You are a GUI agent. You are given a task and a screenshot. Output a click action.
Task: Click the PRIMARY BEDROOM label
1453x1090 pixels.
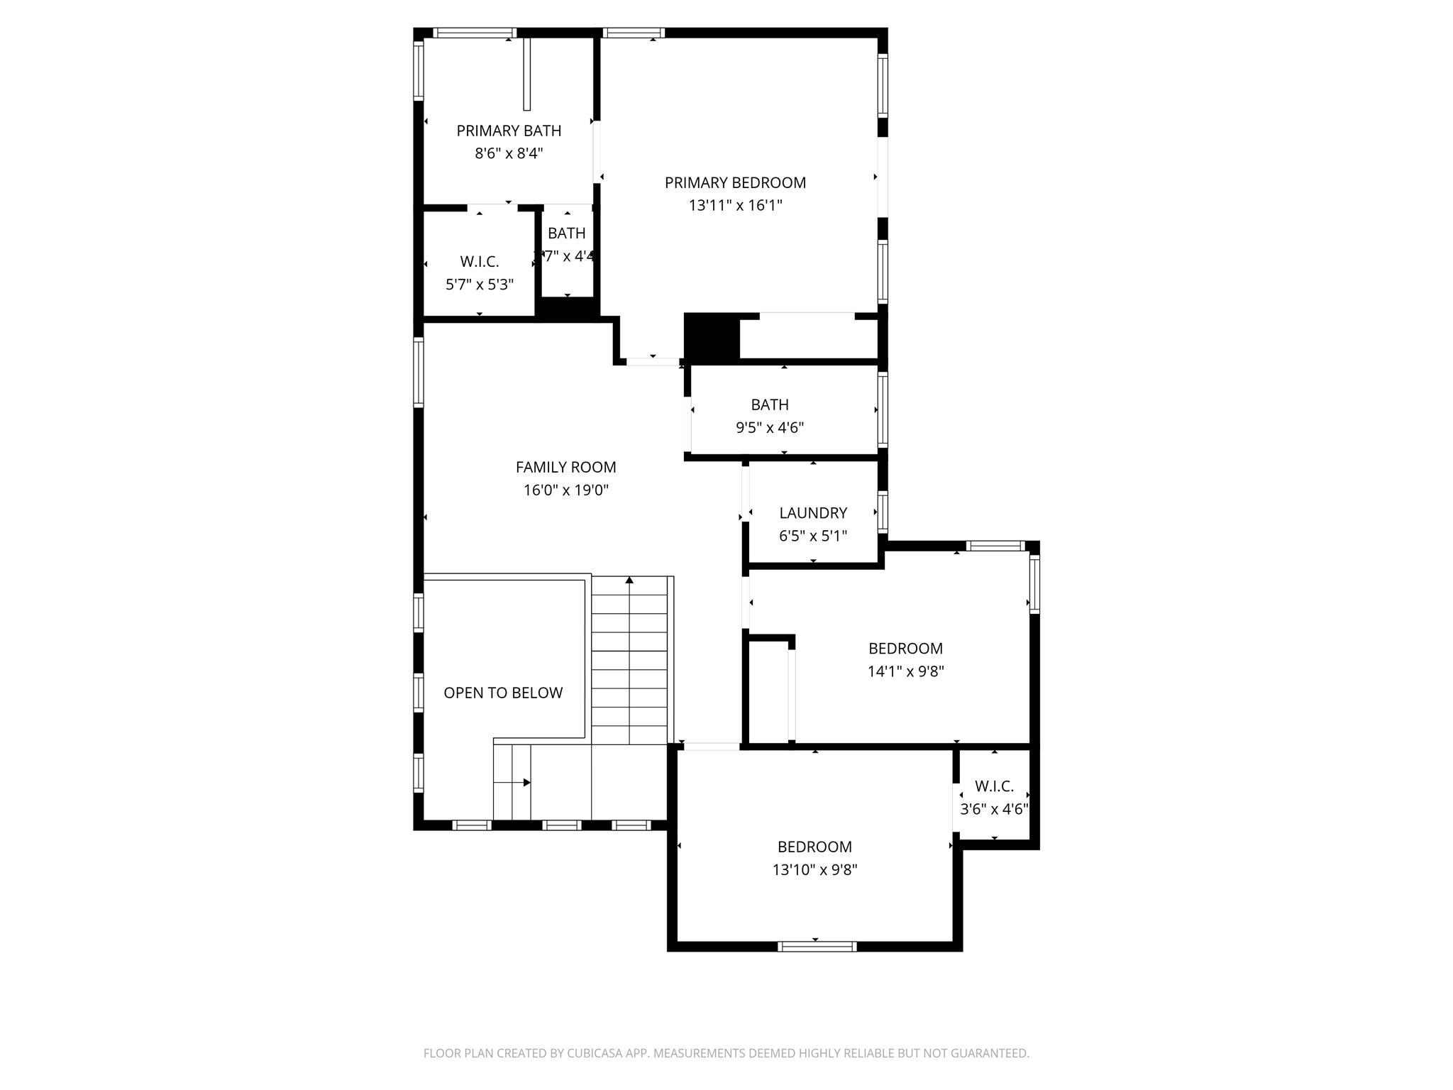click(735, 182)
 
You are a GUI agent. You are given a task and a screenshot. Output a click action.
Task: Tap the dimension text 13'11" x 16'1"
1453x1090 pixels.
click(735, 206)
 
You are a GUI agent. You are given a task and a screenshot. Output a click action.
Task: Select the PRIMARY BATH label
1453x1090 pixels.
click(509, 131)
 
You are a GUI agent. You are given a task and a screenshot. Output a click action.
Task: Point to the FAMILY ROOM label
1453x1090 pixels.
click(565, 467)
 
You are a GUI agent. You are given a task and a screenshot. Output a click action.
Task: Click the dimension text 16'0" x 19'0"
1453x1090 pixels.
click(565, 490)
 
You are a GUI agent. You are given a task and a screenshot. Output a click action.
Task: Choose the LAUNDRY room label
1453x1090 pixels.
click(813, 512)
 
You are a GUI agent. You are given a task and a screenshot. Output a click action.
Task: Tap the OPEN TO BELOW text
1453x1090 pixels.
click(503, 693)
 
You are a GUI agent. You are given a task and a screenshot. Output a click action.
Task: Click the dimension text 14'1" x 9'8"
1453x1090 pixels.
click(905, 671)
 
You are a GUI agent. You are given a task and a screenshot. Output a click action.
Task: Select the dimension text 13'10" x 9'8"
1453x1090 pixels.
click(814, 870)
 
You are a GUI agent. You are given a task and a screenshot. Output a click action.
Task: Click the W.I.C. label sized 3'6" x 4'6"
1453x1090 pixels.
click(994, 786)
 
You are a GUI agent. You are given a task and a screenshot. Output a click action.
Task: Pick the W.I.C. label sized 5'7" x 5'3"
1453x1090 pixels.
click(480, 262)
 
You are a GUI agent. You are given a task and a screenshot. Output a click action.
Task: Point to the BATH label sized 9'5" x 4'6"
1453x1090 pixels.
click(770, 404)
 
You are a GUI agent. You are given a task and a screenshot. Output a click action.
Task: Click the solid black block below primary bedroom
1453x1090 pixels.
click(712, 336)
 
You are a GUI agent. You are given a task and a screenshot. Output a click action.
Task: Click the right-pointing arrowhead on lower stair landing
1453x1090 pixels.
click(527, 783)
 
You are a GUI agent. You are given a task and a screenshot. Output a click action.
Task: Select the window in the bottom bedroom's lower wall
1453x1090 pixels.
click(817, 946)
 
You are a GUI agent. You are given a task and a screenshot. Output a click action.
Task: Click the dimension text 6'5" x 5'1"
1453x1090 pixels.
click(813, 536)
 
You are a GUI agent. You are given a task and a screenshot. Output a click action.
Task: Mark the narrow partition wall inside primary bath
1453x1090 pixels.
click(526, 74)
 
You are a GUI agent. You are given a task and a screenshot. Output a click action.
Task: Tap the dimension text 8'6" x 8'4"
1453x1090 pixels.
click(509, 153)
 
